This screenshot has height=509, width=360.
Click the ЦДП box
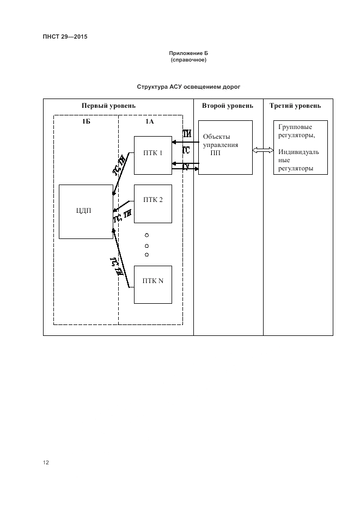coord(86,211)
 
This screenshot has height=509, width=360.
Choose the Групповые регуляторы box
coord(300,147)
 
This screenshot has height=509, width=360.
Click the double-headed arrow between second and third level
coord(263,150)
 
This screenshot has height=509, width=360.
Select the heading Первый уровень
coord(108,106)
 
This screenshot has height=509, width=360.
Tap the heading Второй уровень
coord(227,106)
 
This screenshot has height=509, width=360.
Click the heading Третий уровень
coord(295,106)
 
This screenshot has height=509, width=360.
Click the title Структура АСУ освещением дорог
coord(188,87)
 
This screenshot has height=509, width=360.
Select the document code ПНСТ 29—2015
coord(65,37)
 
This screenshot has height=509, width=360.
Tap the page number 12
coord(46,463)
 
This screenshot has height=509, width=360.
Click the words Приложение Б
coord(188,53)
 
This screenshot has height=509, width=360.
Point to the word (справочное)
coord(188,60)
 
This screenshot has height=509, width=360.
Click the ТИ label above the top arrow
coord(187,134)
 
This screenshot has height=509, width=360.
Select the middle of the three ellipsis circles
coord(147,245)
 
